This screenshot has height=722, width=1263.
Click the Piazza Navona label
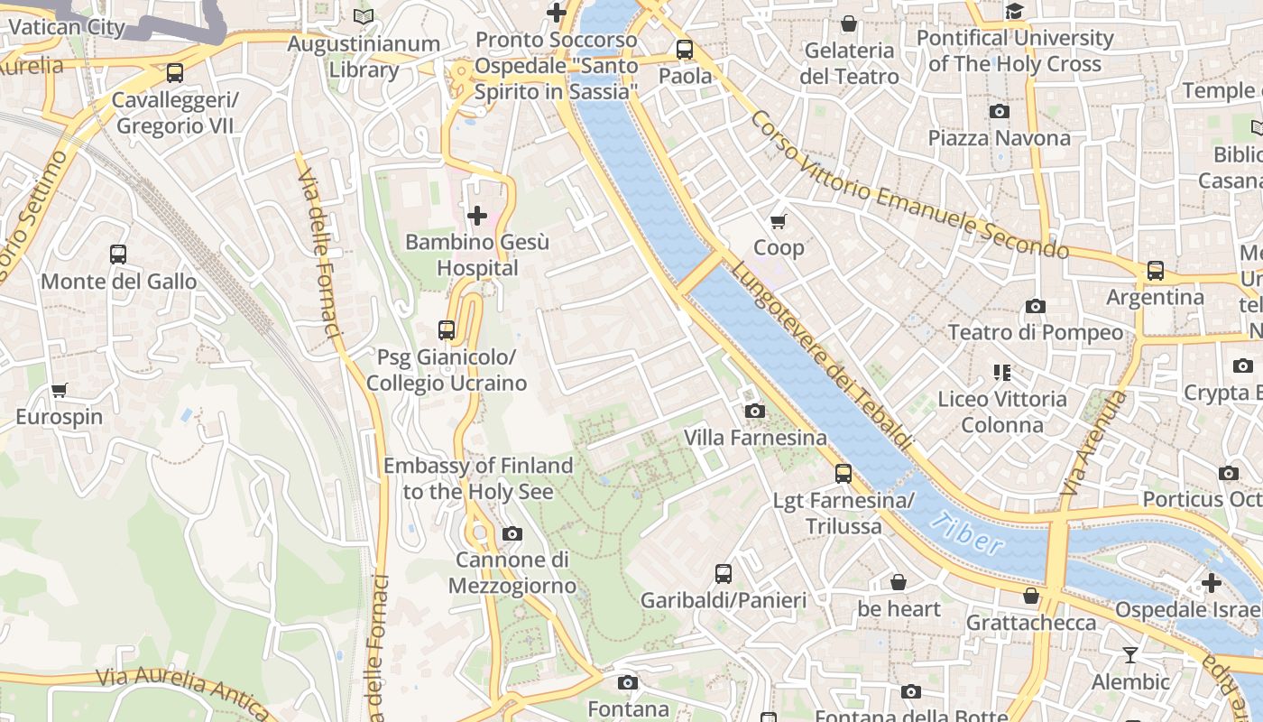coord(999,138)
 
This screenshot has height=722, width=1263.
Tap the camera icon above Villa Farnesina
coord(755,412)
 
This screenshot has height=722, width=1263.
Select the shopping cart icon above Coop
coord(778,221)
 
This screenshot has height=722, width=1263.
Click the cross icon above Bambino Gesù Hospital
coord(477,216)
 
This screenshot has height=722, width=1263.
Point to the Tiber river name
coord(966,532)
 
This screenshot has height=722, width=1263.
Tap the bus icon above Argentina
coord(1156,271)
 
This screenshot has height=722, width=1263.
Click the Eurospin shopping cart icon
coord(60,391)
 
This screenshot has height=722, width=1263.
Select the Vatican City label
coord(67,26)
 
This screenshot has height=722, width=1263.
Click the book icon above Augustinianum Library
coord(364,16)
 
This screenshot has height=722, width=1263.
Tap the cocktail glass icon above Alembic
coord(1129,654)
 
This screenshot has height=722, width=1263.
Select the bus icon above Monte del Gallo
coord(118,255)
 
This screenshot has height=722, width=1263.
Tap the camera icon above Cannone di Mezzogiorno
coord(512,533)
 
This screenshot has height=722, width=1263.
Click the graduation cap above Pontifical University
coord(1015,12)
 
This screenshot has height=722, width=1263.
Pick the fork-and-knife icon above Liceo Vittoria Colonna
coord(1001,372)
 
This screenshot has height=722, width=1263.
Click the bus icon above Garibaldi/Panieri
coord(724,574)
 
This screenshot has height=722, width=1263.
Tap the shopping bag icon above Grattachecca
coord(1031,596)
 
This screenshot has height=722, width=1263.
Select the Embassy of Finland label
coord(478,478)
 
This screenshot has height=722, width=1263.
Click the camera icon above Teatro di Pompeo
coord(1036,307)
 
